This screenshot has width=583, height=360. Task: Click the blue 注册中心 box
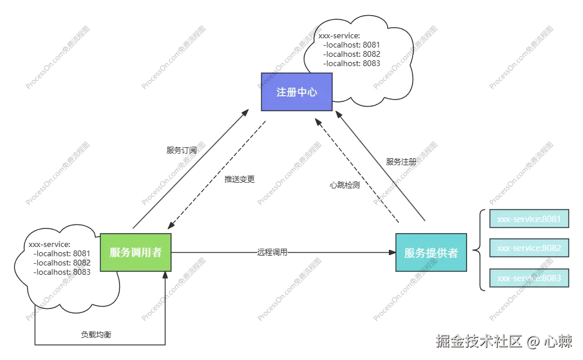(x=296, y=92)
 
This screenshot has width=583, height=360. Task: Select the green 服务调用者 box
(x=136, y=252)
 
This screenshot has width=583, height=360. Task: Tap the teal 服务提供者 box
(x=431, y=253)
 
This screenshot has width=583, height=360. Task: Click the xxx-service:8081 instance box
(x=529, y=219)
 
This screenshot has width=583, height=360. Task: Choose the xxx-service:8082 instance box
(x=529, y=248)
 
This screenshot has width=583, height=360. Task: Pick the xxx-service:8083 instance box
(x=529, y=278)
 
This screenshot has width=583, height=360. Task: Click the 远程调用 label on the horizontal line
(x=272, y=253)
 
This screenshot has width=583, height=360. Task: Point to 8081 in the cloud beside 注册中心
(x=371, y=45)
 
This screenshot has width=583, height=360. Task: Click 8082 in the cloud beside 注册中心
(x=371, y=54)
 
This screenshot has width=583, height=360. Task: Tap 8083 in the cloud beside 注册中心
(x=371, y=63)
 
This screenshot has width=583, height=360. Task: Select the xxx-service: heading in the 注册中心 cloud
(x=339, y=35)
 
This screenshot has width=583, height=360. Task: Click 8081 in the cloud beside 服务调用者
(x=82, y=253)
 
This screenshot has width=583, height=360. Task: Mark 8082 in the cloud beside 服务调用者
(x=82, y=263)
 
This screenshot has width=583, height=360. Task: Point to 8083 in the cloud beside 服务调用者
(x=82, y=272)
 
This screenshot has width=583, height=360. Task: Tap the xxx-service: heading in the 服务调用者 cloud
(x=49, y=244)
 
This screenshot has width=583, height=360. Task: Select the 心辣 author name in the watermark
(x=558, y=341)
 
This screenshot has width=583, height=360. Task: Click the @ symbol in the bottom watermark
(x=533, y=341)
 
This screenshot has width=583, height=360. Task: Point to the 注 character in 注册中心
(x=282, y=92)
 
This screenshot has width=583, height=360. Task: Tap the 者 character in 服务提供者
(x=451, y=253)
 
